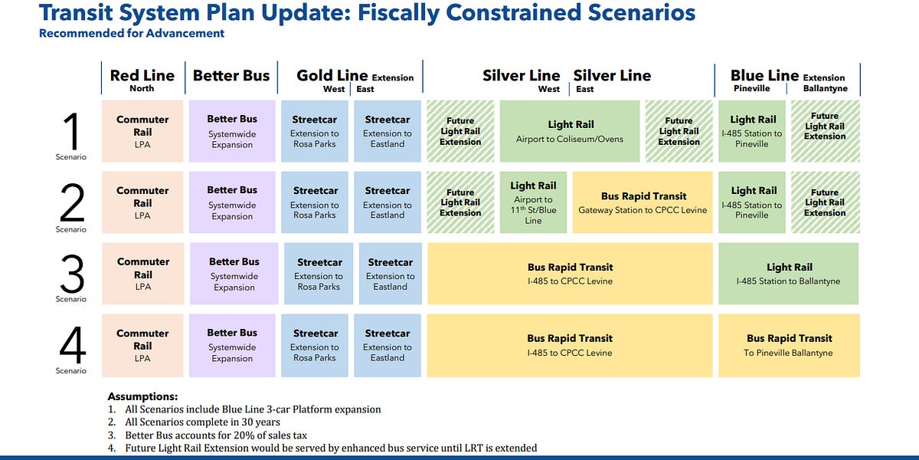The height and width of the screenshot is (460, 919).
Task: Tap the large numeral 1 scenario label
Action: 71,131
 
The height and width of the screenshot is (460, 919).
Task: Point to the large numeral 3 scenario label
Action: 71,272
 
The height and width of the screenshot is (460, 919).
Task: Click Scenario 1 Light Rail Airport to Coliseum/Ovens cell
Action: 570,131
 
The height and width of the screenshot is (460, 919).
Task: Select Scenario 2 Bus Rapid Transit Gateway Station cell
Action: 643,202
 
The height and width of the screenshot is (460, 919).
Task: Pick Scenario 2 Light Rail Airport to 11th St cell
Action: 533,202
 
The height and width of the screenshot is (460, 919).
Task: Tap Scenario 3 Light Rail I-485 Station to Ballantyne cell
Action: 789,274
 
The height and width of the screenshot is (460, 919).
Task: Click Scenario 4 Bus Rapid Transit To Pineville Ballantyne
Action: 789,345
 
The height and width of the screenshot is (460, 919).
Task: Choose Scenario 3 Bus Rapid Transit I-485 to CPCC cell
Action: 570,274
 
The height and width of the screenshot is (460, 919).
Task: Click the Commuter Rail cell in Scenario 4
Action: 142,345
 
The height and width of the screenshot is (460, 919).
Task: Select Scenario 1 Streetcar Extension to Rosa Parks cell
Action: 314,131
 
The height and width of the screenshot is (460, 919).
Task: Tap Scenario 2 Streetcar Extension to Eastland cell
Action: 388,202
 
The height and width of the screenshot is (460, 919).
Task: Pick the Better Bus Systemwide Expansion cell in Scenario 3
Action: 234,274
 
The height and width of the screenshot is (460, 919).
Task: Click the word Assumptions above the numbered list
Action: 142,396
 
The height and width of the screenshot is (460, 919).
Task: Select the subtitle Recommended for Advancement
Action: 132,33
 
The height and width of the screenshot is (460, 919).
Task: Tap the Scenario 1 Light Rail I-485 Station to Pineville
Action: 753,131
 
